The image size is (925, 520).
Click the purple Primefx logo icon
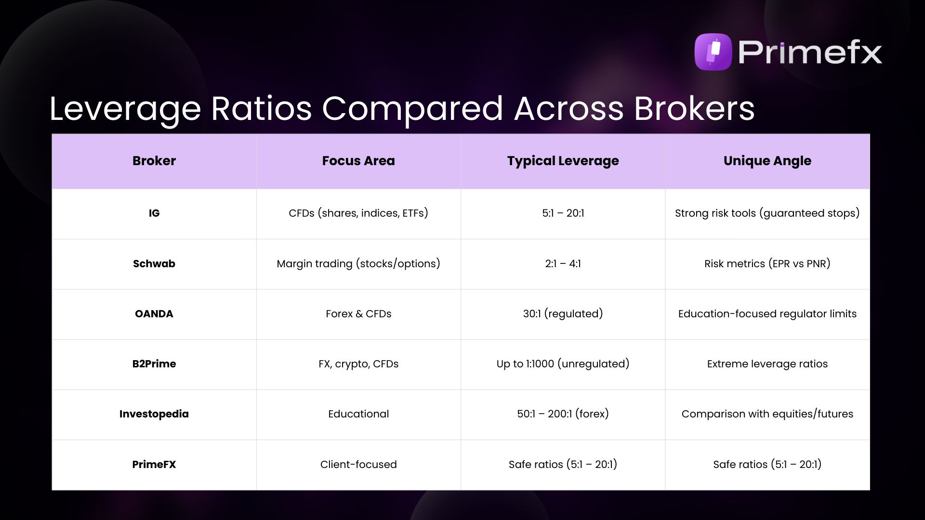(x=713, y=52)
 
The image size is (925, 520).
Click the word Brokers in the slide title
(x=694, y=108)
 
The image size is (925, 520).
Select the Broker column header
(x=154, y=161)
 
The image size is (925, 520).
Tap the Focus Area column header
(x=358, y=161)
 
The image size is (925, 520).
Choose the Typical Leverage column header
(x=563, y=161)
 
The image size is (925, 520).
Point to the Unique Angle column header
(x=767, y=161)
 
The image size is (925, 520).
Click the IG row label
(x=154, y=213)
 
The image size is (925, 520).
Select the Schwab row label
(x=154, y=264)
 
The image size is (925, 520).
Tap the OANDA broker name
(x=154, y=314)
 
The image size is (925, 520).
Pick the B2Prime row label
(x=154, y=364)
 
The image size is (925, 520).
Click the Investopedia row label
(x=154, y=414)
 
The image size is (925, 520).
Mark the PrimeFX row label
(x=154, y=465)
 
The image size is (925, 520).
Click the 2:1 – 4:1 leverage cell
(x=563, y=264)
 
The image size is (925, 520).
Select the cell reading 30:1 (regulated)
(x=563, y=314)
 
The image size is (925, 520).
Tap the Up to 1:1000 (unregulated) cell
(x=563, y=364)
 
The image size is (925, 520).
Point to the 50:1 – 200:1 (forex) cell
(x=563, y=414)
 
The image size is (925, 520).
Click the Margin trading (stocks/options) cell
(x=358, y=264)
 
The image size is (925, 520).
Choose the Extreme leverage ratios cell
(x=767, y=364)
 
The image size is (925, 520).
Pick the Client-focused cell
(x=358, y=465)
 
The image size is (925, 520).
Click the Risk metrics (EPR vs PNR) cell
(x=767, y=264)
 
